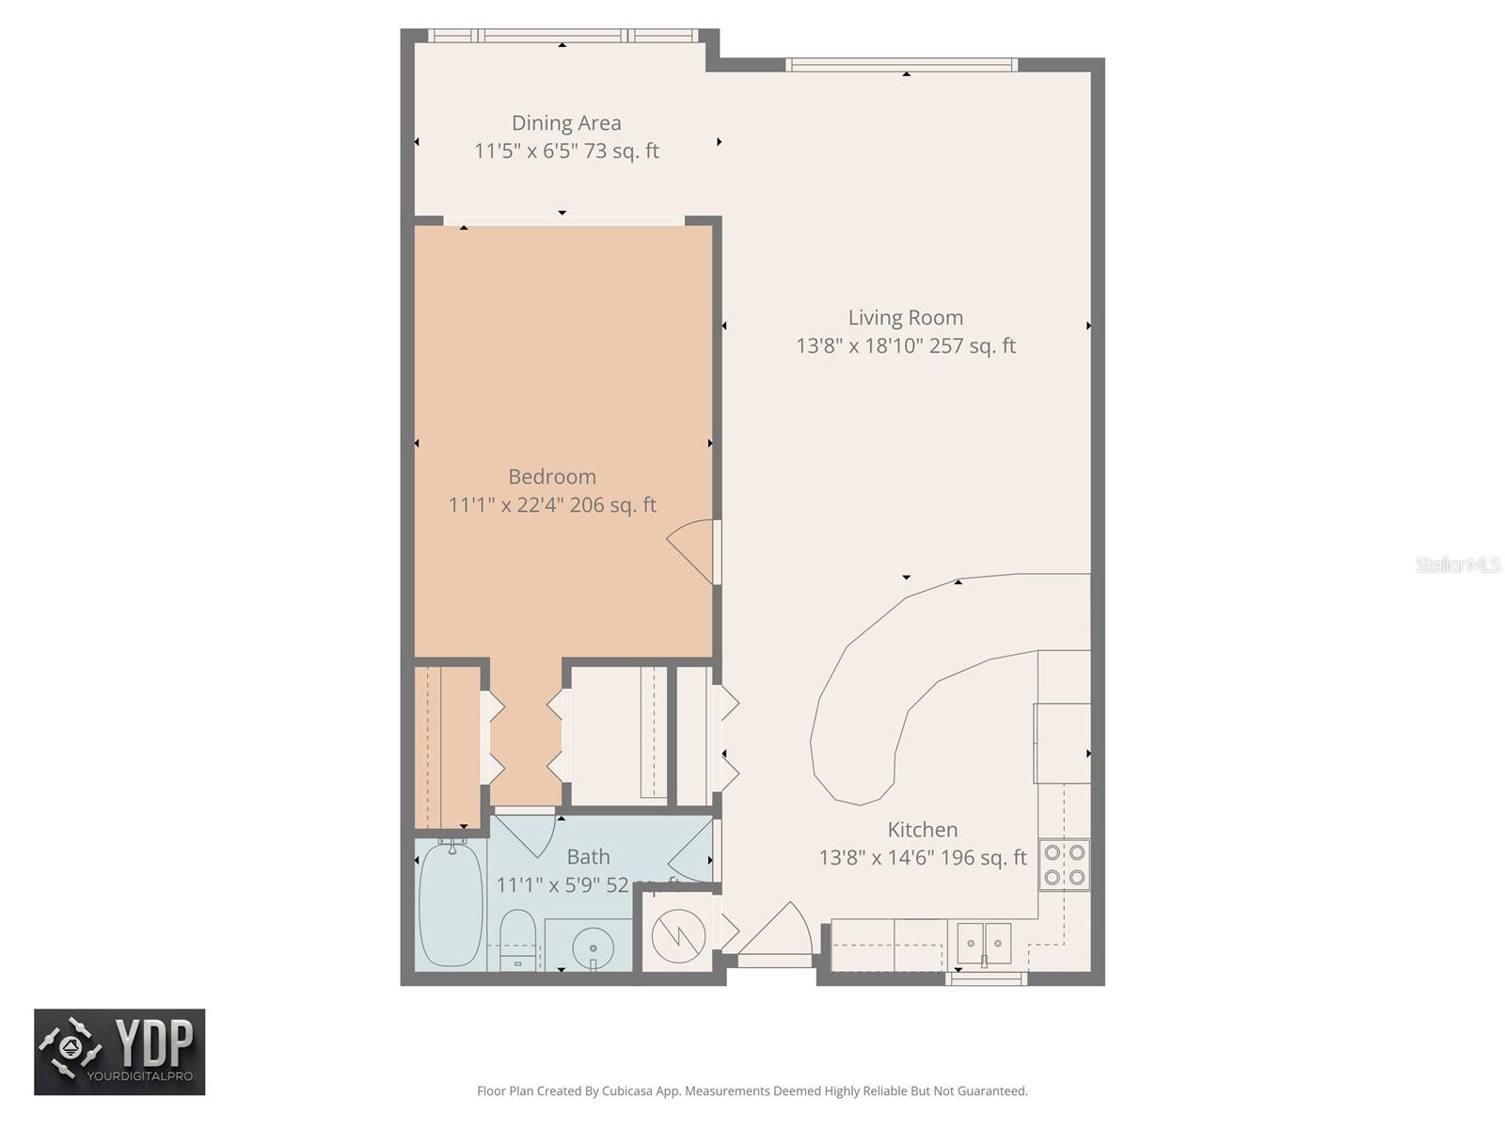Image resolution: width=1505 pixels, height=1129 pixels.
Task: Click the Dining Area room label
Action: click(x=566, y=123)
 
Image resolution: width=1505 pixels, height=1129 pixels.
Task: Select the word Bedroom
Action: click(x=552, y=477)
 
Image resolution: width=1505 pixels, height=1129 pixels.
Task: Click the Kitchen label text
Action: click(x=923, y=830)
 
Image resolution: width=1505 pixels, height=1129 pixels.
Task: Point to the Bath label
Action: click(x=588, y=857)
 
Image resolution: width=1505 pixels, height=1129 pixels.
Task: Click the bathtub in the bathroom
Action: click(x=451, y=904)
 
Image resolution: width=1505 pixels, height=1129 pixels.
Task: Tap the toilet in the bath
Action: click(x=516, y=939)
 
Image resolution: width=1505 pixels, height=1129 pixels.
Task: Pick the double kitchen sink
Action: click(x=984, y=943)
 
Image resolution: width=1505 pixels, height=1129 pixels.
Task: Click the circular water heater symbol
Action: click(x=678, y=934)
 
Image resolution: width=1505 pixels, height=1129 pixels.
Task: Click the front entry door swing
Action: click(x=777, y=934)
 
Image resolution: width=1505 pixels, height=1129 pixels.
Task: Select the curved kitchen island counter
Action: click(x=903, y=677)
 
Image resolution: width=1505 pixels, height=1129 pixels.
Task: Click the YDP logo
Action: click(x=119, y=1052)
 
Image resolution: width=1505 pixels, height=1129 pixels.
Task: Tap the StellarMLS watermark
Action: click(x=1457, y=564)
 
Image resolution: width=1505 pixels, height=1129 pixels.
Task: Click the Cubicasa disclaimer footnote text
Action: click(x=752, y=1091)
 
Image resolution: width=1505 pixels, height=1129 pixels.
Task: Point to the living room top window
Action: click(x=901, y=65)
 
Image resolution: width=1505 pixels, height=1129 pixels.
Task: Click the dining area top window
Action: click(x=562, y=36)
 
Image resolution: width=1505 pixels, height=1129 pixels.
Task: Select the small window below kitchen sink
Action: click(x=986, y=979)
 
